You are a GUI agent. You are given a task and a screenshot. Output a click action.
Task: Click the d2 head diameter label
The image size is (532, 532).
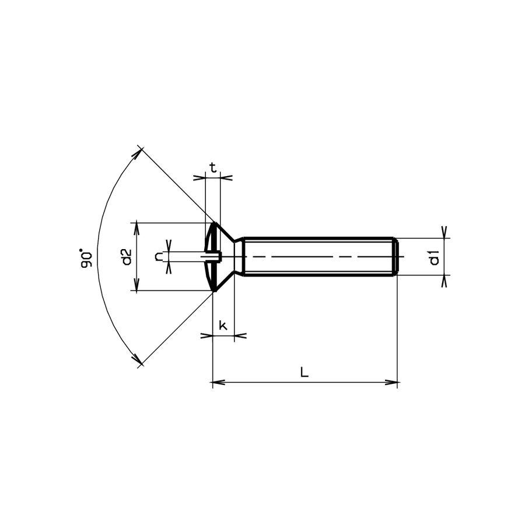[x=126, y=257]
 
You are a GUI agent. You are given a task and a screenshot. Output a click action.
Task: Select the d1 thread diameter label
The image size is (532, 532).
[x=434, y=257]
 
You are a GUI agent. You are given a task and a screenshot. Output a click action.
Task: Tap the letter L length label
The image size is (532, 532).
[x=304, y=372]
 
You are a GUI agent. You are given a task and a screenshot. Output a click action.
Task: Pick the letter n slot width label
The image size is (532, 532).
[x=159, y=257]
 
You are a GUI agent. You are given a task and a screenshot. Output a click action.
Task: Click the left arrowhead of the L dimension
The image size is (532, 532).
[x=217, y=383]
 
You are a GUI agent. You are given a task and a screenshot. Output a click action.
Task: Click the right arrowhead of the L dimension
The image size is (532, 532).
[x=393, y=383]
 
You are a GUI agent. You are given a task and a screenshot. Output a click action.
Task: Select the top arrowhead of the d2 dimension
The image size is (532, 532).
[x=137, y=226]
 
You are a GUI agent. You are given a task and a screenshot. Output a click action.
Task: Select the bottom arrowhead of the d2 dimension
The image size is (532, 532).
[x=137, y=286]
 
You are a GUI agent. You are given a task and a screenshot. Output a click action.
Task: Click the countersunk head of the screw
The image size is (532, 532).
[x=222, y=257]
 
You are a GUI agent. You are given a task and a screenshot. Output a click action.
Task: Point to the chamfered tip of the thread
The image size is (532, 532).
[x=396, y=257]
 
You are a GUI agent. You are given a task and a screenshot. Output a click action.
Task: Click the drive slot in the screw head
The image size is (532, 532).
[x=212, y=256]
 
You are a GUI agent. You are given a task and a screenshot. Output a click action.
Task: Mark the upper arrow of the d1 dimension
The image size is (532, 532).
[x=444, y=233]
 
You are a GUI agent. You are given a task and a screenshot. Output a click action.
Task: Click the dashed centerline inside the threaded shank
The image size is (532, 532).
[x=321, y=257]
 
